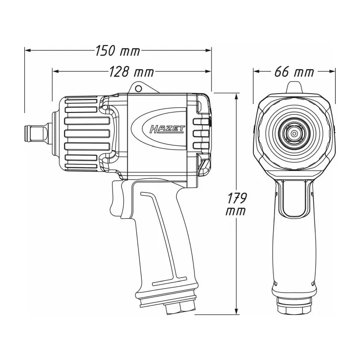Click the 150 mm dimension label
(x=117, y=51)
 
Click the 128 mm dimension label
(x=131, y=72)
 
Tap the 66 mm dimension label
(x=294, y=72)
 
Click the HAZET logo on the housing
(x=167, y=129)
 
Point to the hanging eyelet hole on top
(x=138, y=88)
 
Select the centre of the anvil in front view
(x=294, y=133)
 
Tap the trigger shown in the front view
(x=294, y=199)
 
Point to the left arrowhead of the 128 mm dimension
(x=56, y=72)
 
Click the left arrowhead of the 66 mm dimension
(x=256, y=72)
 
